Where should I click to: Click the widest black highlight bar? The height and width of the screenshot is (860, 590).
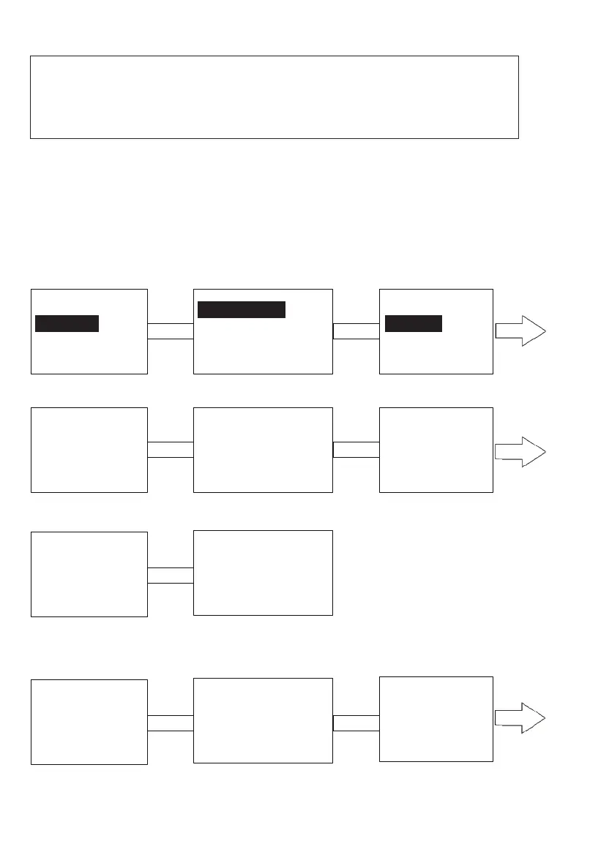pyautogui.click(x=242, y=309)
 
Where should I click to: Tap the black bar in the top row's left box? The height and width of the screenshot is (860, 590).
pyautogui.click(x=67, y=323)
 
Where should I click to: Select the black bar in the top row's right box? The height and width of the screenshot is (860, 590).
pyautogui.click(x=414, y=323)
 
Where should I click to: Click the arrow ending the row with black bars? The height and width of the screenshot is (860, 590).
pyautogui.click(x=520, y=331)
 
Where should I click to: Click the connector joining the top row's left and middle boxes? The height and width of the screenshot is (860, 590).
pyautogui.click(x=171, y=331)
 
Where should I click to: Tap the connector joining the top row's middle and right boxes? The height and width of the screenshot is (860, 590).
pyautogui.click(x=356, y=331)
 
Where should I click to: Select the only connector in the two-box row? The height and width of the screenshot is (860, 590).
pyautogui.click(x=171, y=575)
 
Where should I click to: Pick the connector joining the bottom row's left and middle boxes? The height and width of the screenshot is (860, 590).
pyautogui.click(x=171, y=723)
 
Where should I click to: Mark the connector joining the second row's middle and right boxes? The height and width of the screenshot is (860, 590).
pyautogui.click(x=356, y=450)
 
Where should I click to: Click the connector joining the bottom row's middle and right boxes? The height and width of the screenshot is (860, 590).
pyautogui.click(x=356, y=723)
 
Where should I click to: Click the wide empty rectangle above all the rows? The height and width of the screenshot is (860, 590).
pyautogui.click(x=275, y=97)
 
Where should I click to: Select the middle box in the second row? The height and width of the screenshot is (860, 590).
pyautogui.click(x=263, y=450)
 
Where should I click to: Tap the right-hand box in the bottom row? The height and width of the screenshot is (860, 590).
pyautogui.click(x=436, y=719)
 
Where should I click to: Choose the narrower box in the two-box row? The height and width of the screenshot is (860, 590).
pyautogui.click(x=89, y=574)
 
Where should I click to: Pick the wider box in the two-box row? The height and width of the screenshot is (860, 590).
pyautogui.click(x=263, y=573)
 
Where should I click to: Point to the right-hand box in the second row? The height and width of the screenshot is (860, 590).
pyautogui.click(x=436, y=450)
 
